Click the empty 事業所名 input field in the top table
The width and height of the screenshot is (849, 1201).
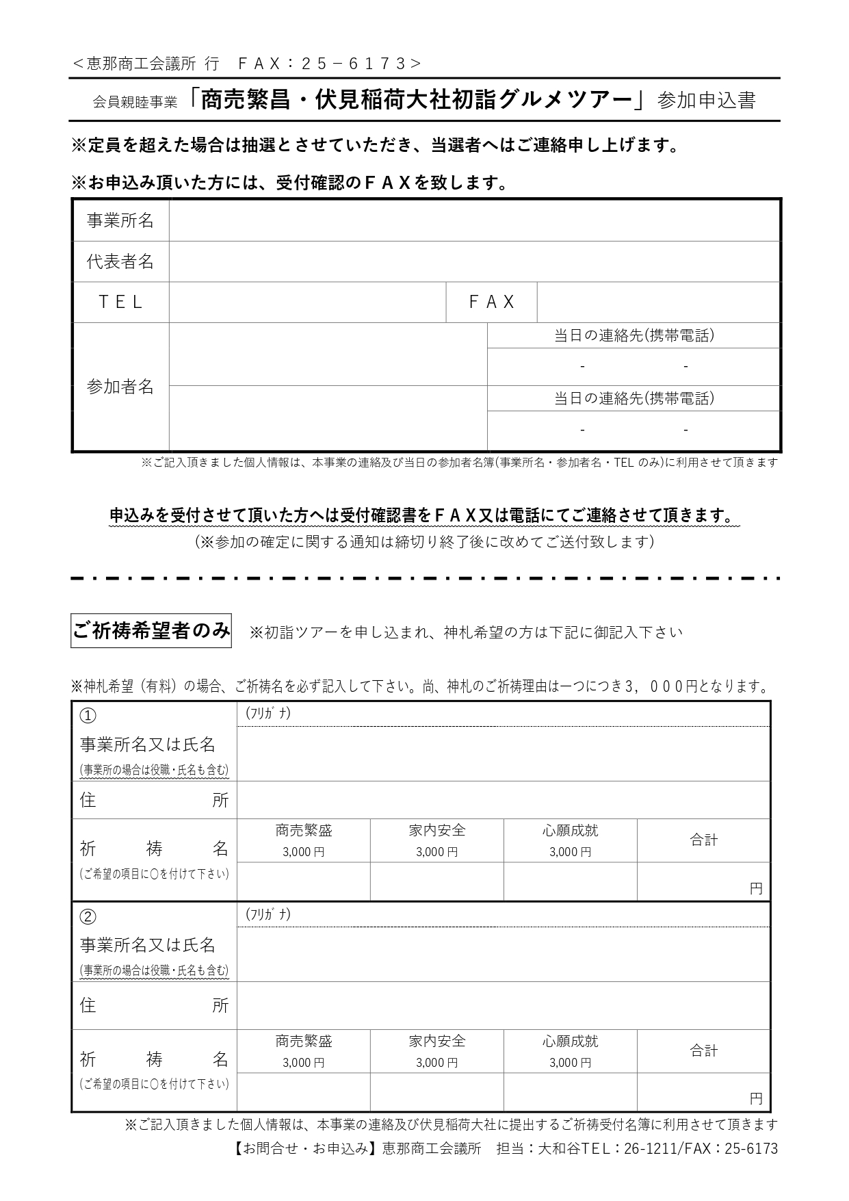click(474, 220)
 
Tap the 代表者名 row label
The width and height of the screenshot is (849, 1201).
click(120, 261)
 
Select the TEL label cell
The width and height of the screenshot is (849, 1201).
click(120, 302)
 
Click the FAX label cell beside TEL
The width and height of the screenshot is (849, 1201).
click(491, 302)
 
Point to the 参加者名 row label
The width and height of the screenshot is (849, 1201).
click(120, 387)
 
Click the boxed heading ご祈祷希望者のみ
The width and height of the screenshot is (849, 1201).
click(151, 630)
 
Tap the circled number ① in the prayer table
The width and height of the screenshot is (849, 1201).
click(88, 715)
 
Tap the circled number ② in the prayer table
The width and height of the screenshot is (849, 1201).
click(88, 916)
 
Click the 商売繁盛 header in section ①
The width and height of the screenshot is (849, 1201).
click(304, 831)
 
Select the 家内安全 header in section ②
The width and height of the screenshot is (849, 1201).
click(437, 1041)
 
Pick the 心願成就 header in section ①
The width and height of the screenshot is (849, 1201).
click(570, 831)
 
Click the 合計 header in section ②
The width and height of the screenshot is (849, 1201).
click(703, 1050)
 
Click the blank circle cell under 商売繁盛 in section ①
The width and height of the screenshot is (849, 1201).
click(304, 881)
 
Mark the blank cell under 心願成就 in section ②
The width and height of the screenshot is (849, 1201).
click(570, 1092)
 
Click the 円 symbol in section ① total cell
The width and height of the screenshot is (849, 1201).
click(755, 889)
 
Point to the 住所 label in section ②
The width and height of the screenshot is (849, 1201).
click(154, 1005)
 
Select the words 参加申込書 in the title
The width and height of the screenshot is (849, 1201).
click(706, 101)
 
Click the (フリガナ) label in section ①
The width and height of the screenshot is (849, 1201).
click(268, 713)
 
